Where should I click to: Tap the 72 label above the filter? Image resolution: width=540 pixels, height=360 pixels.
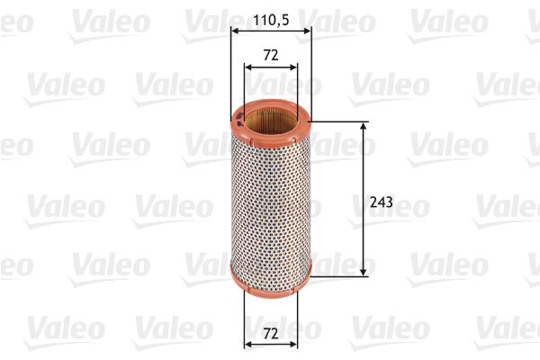coord(271,55)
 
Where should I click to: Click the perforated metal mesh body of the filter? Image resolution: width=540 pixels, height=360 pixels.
coord(270,198)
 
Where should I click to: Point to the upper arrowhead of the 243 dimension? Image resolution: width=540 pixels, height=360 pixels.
coord(364,127)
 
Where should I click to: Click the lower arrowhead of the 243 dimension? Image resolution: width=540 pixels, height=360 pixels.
coord(364,270)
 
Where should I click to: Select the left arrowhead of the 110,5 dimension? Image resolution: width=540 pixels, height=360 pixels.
coord(236,31)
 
